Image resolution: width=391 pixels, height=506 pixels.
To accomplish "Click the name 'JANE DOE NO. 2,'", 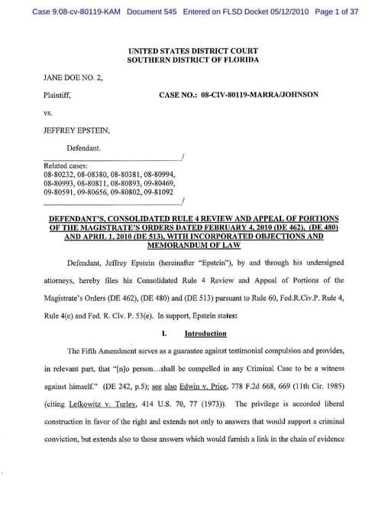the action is (71, 78).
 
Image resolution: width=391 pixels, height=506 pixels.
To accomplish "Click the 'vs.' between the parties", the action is (49, 113).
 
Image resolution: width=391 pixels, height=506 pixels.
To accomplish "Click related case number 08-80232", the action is (57, 175).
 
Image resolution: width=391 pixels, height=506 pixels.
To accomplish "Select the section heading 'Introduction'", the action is (205, 334).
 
